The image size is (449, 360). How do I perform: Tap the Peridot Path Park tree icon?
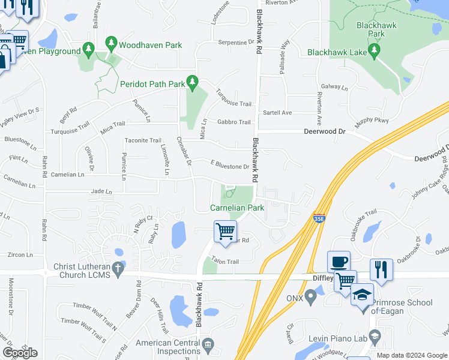click(192, 82)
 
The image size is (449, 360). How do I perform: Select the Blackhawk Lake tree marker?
click(376, 52)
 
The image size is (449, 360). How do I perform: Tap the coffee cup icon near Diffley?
click(339, 262)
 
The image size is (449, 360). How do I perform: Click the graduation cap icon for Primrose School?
click(362, 295)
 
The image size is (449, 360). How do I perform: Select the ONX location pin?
click(310, 296)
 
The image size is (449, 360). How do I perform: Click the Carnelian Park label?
click(237, 208)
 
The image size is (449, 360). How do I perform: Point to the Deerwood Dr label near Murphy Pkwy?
click(325, 130)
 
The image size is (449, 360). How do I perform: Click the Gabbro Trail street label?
click(234, 122)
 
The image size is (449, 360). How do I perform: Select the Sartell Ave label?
click(277, 112)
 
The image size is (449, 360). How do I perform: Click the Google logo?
click(20, 353)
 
